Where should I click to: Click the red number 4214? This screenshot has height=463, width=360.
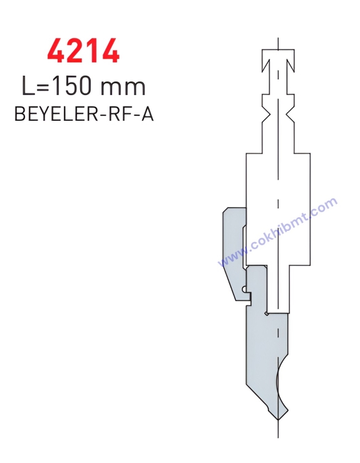pos(83,51)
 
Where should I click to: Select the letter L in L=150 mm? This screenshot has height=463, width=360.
pos(27,86)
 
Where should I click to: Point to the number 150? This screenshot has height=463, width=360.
pos(69,86)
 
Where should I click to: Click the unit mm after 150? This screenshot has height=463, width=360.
pos(123,88)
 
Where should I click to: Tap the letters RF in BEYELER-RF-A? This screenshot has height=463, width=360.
pos(118,114)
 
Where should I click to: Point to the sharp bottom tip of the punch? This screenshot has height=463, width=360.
pos(278,420)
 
